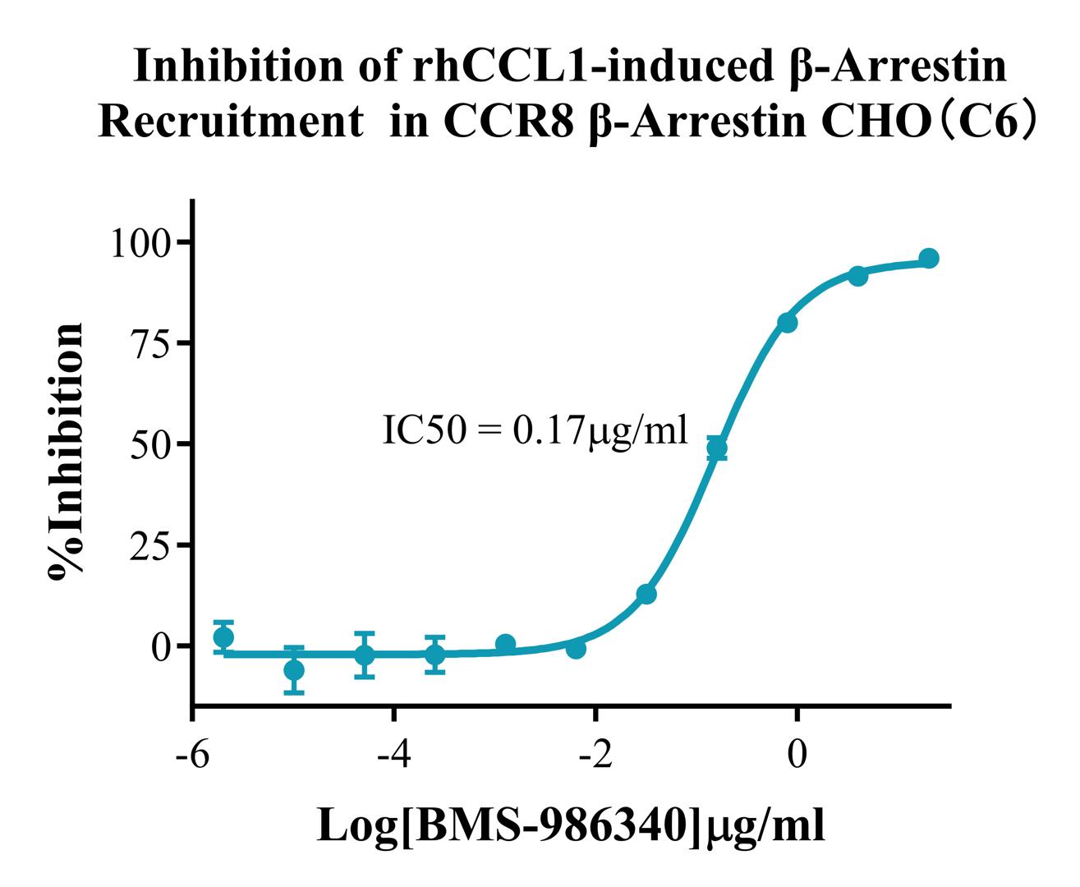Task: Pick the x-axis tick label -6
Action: pos(192,753)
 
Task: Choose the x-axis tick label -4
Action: pos(393,753)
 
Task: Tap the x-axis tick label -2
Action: pos(595,753)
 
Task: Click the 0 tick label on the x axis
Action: pos(796,753)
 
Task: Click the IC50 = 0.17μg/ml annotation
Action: pos(535,430)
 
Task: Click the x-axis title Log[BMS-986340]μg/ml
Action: pos(571,826)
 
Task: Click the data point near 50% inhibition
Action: pos(717,448)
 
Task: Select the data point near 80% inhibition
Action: pos(788,323)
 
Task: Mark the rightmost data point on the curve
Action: pos(929,259)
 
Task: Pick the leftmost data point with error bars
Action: pos(223,637)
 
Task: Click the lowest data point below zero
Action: pos(294,670)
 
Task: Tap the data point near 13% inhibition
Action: pos(646,594)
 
